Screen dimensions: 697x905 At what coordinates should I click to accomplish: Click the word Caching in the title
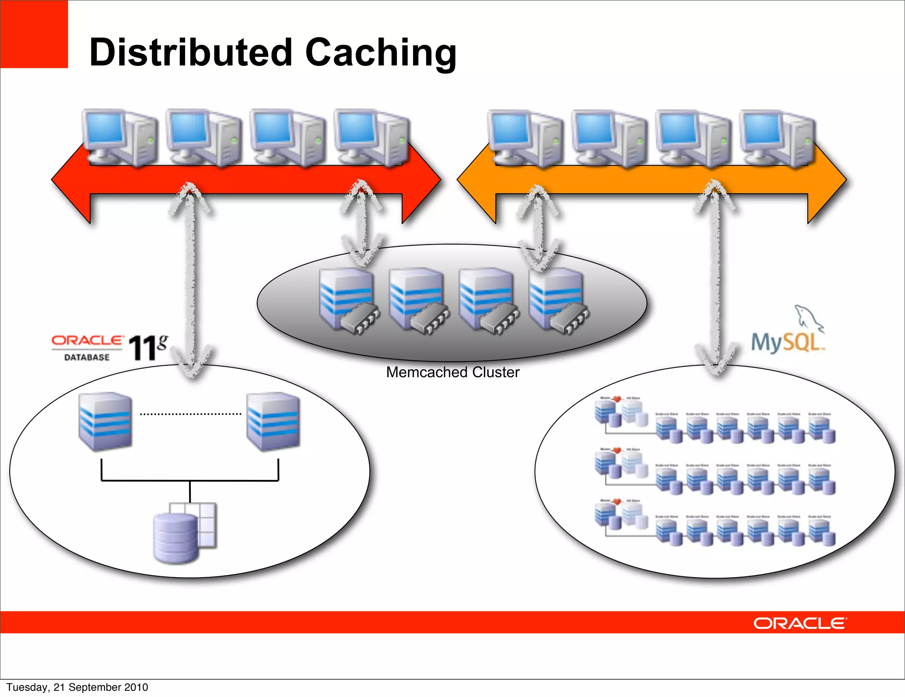coord(380,53)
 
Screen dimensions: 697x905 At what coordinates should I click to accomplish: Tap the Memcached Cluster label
coord(452,372)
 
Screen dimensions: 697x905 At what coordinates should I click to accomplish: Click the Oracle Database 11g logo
coord(110,348)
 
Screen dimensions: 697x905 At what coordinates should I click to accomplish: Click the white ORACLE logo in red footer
coord(800,623)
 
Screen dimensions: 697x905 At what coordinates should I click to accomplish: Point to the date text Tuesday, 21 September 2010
coord(77,687)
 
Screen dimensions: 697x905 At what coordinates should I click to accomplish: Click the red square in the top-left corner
coord(34,34)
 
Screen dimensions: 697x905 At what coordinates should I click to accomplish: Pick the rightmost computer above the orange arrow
coord(778,138)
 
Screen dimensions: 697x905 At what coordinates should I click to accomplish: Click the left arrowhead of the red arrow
coord(71,180)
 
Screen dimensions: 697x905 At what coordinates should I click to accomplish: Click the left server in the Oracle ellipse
coord(105,421)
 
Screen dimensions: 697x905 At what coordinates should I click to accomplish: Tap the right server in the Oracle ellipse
coord(273,421)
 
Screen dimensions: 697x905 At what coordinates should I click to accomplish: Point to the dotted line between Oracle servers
coord(190,414)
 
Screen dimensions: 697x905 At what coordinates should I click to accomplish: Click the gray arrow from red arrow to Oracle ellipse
coord(190,279)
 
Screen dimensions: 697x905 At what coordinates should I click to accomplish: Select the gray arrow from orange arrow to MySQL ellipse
coord(715,279)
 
